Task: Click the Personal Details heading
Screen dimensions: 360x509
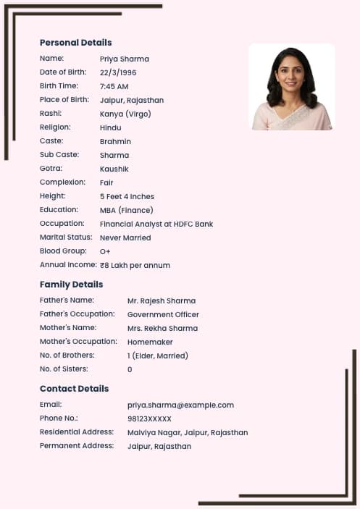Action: (75, 43)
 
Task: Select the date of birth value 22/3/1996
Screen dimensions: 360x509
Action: (118, 72)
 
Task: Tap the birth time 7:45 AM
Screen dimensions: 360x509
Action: (114, 86)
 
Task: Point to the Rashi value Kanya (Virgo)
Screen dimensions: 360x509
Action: (125, 114)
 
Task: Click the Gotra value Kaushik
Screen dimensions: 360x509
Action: (114, 169)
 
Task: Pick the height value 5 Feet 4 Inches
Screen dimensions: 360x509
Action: (127, 196)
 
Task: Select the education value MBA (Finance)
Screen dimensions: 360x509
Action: (125, 210)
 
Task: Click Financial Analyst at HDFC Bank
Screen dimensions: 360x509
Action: (156, 224)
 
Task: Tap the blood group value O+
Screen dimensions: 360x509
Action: (105, 251)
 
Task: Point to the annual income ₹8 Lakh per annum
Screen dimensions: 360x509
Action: (135, 265)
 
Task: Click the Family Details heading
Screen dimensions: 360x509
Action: (71, 285)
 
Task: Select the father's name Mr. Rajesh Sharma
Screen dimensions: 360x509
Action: (162, 300)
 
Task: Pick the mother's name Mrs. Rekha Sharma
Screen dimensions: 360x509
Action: (162, 328)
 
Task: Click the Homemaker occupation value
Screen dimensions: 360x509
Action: (151, 342)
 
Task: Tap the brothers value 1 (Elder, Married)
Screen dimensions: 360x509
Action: (157, 356)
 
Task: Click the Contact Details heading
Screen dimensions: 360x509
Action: (74, 389)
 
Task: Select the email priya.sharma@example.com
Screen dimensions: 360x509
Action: (180, 405)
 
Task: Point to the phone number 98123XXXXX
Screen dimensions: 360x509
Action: (149, 418)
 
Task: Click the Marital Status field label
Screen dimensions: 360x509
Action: (66, 237)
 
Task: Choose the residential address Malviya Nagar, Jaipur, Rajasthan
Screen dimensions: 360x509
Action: (188, 432)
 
